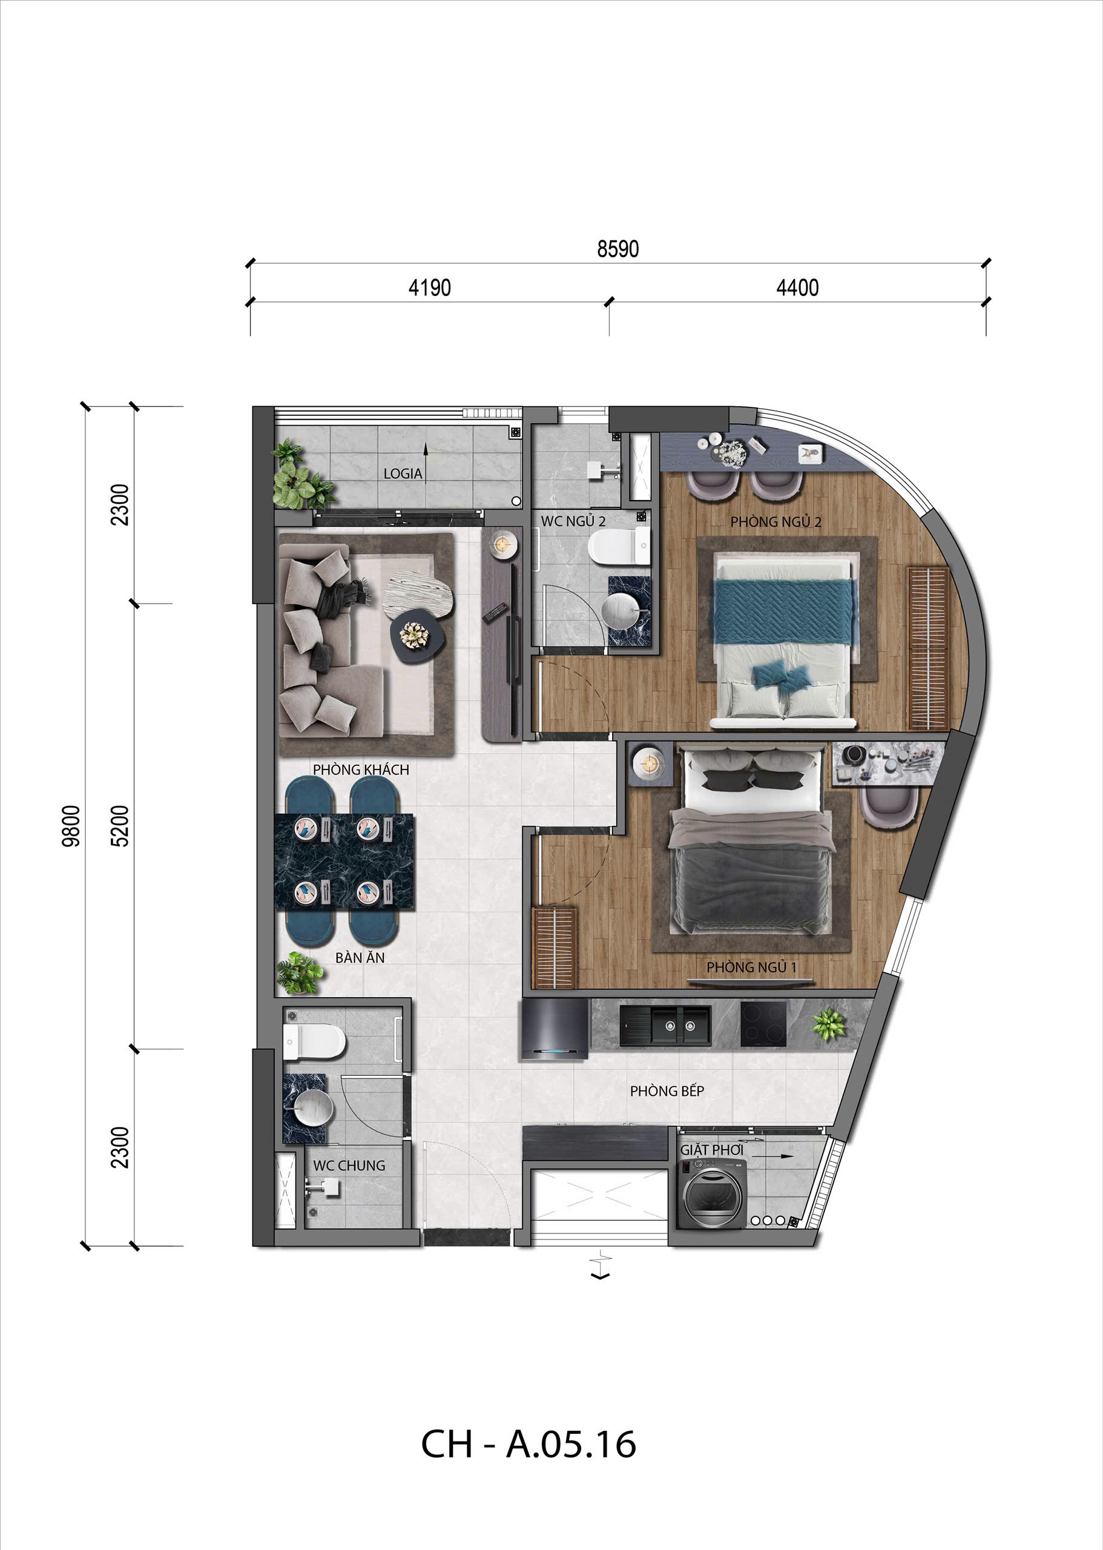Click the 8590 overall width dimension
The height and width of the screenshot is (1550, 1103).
617,249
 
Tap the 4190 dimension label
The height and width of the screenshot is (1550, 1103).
429,288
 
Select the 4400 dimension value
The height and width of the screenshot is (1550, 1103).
797,288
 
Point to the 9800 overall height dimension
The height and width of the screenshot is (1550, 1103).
71,826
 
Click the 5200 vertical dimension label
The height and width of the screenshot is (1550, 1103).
119,826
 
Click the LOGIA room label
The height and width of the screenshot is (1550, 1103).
403,473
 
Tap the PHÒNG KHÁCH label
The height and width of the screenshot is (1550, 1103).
361,770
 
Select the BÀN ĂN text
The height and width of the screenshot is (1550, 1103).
360,958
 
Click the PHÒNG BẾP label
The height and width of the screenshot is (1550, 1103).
667,1091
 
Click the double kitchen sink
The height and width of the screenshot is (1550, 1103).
665,1026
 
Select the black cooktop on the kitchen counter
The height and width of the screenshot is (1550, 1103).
763,1025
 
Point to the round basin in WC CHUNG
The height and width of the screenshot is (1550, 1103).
308,1108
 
